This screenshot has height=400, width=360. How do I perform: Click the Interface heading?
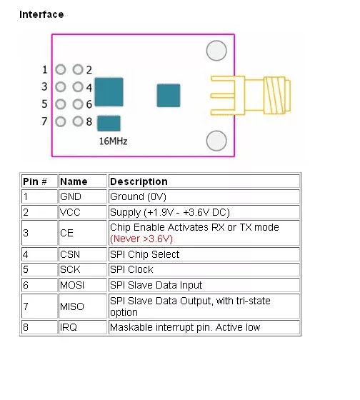(x=41, y=14)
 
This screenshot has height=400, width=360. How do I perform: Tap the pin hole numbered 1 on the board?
(x=61, y=69)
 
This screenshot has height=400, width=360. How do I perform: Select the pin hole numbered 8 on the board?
(x=78, y=121)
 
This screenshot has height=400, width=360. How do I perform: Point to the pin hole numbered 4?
(x=78, y=86)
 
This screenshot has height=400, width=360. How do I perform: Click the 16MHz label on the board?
(x=113, y=141)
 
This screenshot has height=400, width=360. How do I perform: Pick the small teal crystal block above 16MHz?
(x=109, y=123)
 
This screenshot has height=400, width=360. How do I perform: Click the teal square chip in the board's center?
(x=169, y=96)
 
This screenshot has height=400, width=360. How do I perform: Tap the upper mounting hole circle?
(x=216, y=51)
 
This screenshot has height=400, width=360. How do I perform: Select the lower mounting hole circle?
(x=216, y=141)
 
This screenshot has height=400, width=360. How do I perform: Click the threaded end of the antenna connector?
(x=277, y=95)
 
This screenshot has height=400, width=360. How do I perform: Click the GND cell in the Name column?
(x=83, y=196)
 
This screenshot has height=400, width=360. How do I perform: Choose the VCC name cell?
(x=83, y=212)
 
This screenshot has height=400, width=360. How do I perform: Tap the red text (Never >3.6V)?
(x=141, y=239)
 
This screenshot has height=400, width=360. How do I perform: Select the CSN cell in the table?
(x=83, y=254)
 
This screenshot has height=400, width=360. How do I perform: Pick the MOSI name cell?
(x=83, y=285)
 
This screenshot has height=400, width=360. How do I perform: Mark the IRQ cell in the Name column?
(x=83, y=327)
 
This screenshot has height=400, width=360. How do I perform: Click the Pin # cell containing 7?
(x=39, y=306)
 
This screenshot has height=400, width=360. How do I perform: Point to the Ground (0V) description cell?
(x=204, y=196)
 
